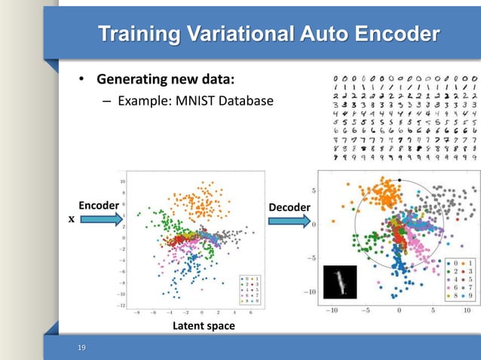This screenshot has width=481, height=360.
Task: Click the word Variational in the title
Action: pyautogui.click(x=246, y=35)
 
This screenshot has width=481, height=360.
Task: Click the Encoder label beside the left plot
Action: pyautogui.click(x=99, y=206)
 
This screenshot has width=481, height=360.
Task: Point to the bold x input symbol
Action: pyautogui.click(x=72, y=221)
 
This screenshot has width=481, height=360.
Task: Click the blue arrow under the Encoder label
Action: pyautogui.click(x=100, y=221)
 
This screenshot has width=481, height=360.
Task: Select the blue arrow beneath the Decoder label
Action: pyautogui.click(x=289, y=221)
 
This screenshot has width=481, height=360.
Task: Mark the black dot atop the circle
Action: pyautogui.click(x=400, y=180)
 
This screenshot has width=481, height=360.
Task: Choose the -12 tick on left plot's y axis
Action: pyautogui.click(x=120, y=305)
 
